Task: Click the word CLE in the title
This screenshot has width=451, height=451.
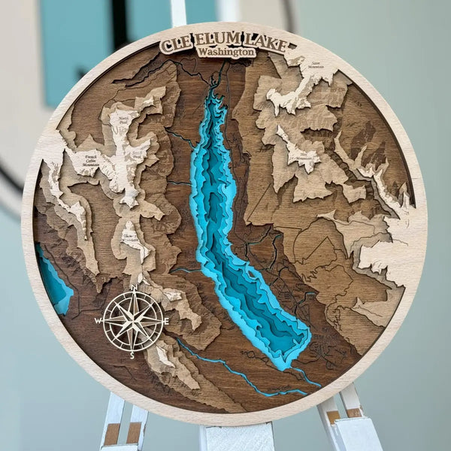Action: pyautogui.click(x=175, y=44)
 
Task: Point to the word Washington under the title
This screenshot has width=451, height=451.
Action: pyautogui.click(x=225, y=53)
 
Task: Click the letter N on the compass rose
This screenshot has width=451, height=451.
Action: pyautogui.click(x=134, y=288)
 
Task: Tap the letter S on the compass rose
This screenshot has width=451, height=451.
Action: pyautogui.click(x=132, y=355)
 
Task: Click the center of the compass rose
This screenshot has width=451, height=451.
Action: pyautogui.click(x=133, y=321)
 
